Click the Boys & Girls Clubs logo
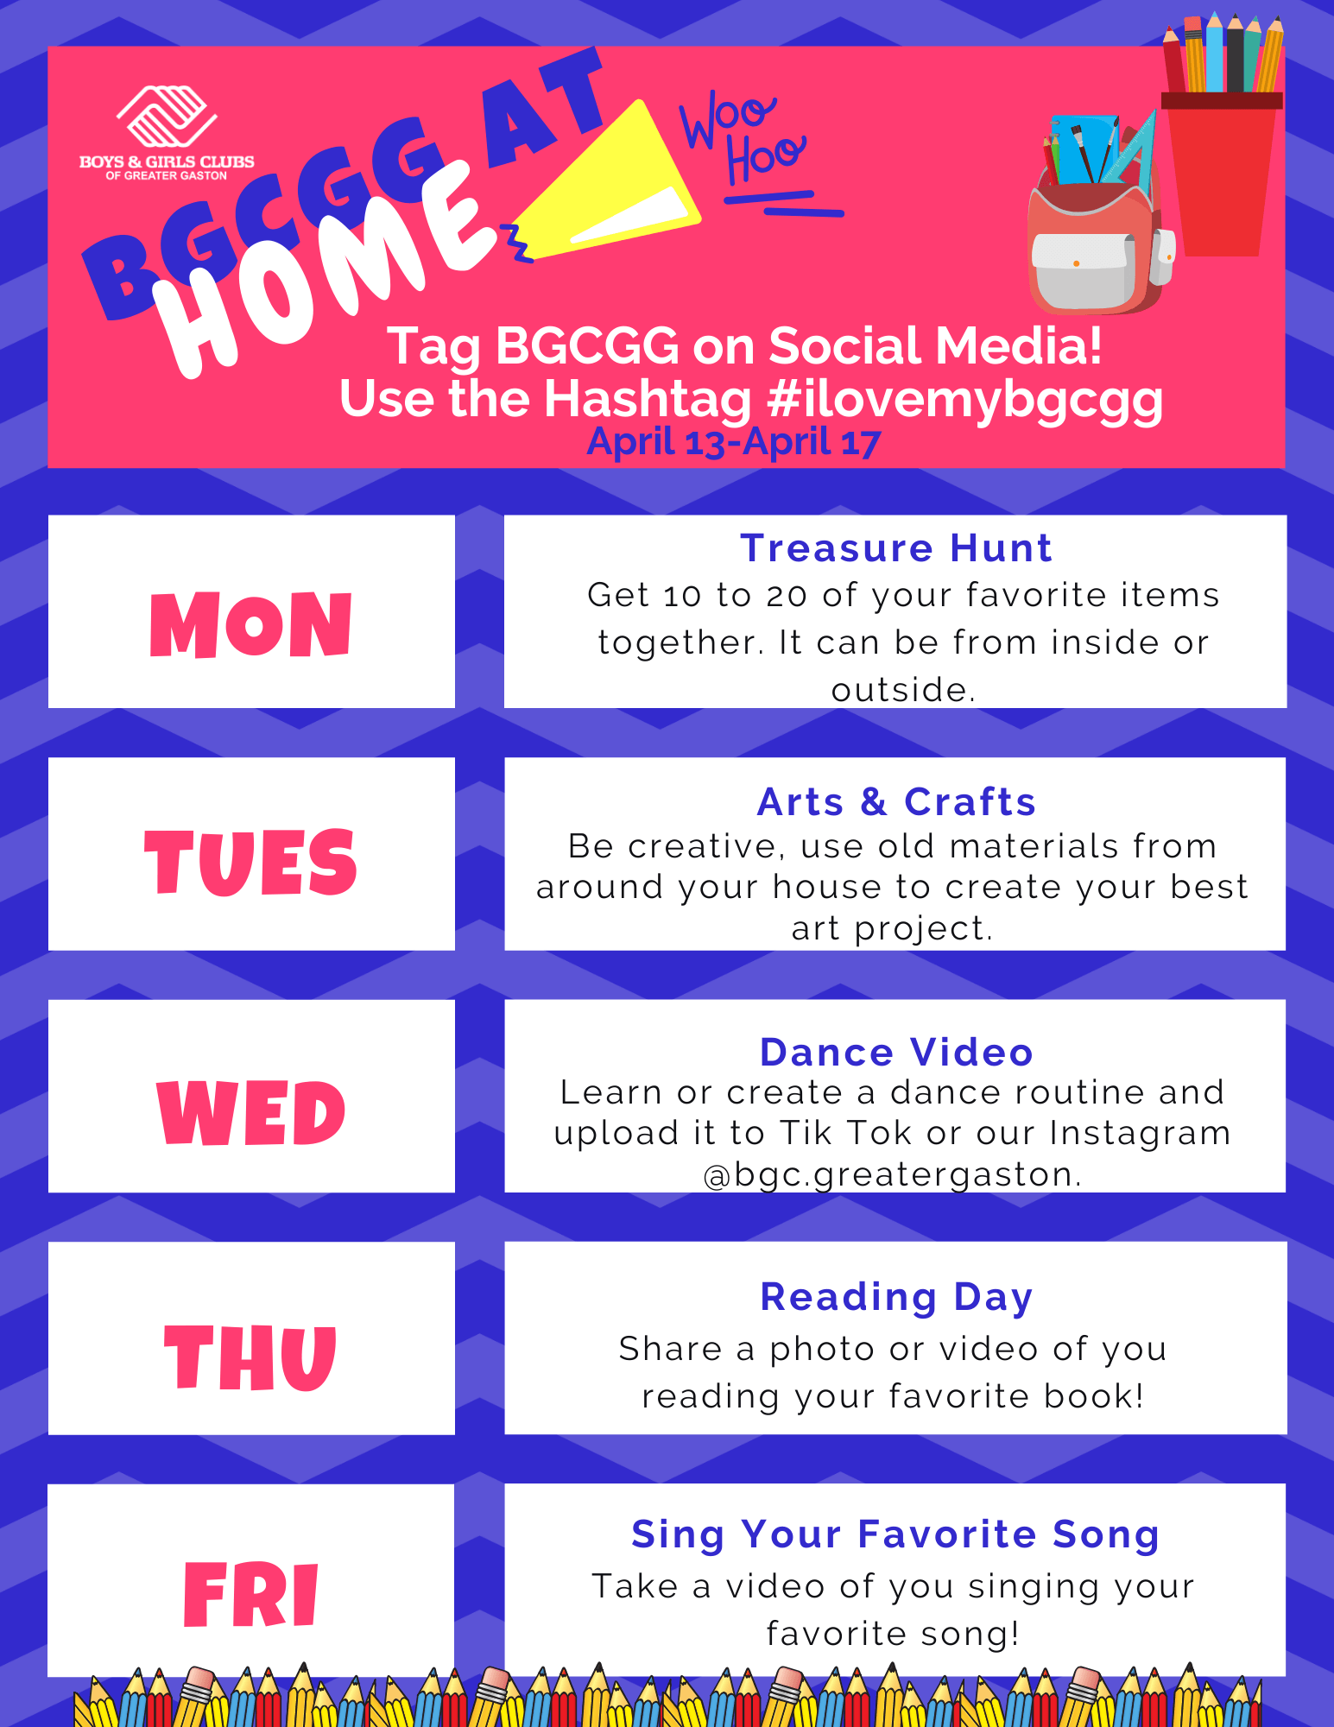167,133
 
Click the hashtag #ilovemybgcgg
964,400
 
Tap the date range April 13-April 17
734,442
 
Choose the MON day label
251,624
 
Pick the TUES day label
250,861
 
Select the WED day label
251,1112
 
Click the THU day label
250,1357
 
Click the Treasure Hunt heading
896,548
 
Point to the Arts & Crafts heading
896,802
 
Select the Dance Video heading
896,1053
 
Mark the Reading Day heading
896,1298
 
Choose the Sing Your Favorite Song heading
895,1535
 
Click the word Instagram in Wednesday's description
1140,1134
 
